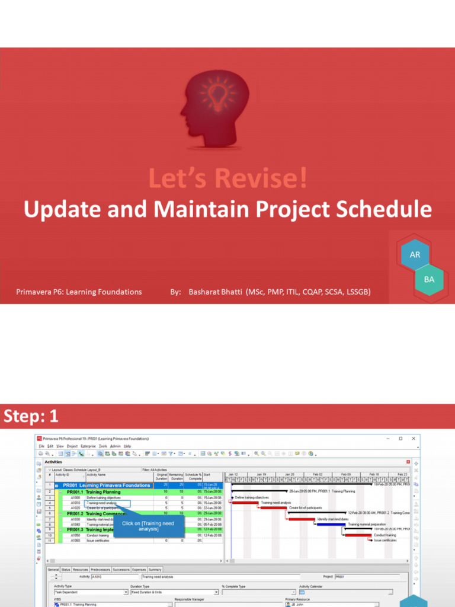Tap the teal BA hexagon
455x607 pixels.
click(430, 279)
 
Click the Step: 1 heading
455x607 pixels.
click(31, 417)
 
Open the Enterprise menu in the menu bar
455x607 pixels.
click(88, 446)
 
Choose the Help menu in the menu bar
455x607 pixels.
click(127, 446)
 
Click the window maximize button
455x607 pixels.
click(400, 439)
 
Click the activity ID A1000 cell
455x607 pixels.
click(75, 497)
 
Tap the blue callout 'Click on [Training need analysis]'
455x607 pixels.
click(148, 526)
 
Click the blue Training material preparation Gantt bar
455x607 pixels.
click(331, 524)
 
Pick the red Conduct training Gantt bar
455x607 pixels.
click(359, 535)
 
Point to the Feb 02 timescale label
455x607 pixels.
click(318, 474)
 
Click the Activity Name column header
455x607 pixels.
click(97, 474)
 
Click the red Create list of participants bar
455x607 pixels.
click(274, 507)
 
